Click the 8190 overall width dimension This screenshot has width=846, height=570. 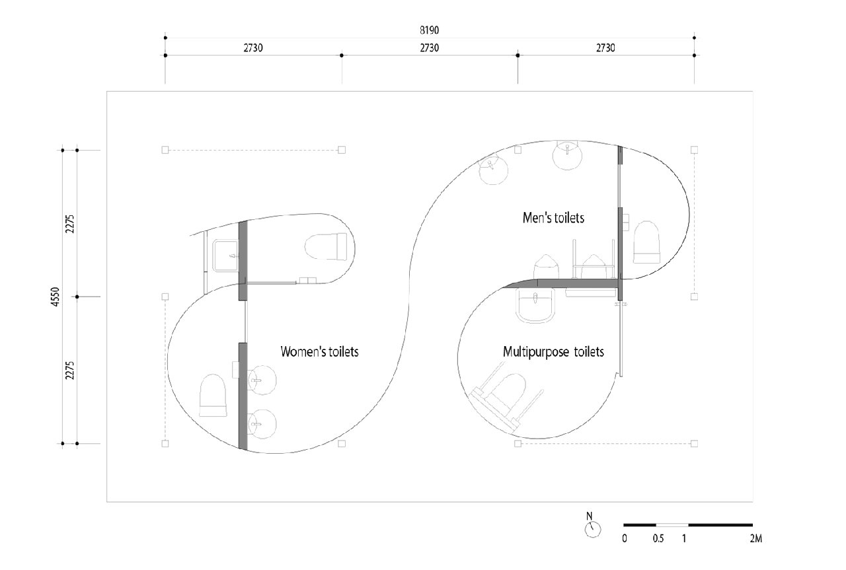[430, 30]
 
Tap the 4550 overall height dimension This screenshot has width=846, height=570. [55, 297]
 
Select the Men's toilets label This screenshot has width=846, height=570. [553, 218]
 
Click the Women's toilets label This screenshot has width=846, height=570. [319, 351]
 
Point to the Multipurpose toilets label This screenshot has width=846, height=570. [553, 352]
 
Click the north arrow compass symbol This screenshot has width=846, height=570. [592, 526]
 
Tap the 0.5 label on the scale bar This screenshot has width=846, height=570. [658, 539]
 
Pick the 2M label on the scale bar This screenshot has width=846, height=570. [755, 539]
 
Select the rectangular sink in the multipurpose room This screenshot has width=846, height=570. [535, 305]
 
